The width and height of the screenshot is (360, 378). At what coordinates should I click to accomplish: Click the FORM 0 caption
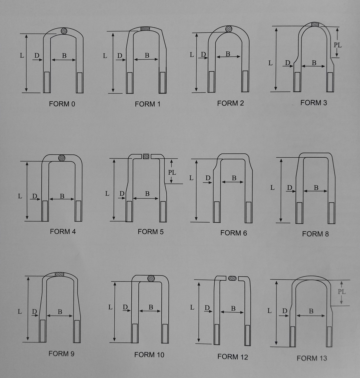62,104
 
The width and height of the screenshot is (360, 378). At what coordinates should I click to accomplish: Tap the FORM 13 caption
312,358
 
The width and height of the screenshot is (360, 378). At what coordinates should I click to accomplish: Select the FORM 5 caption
151,232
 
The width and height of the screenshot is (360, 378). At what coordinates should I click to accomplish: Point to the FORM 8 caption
315,234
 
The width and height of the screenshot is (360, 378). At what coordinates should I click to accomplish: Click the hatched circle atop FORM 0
64,31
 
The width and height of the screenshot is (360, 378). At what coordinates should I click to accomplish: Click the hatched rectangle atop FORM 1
145,29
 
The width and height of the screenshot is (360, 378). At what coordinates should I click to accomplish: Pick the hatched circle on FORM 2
229,29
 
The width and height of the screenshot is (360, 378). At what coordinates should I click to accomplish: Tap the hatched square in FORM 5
146,156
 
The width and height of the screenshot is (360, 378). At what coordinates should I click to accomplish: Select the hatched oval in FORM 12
232,278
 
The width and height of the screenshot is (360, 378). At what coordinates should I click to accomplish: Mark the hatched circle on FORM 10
151,278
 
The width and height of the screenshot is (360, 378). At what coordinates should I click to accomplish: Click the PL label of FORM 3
338,45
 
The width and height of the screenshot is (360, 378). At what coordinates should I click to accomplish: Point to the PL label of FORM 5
172,173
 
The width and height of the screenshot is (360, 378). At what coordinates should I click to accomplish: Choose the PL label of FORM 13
342,292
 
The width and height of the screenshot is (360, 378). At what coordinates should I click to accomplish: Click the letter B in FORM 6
234,178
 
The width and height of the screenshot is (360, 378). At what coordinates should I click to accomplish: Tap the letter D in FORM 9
34,311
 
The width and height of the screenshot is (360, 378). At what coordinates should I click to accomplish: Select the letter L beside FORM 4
20,196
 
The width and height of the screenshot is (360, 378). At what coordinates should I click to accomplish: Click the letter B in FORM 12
233,309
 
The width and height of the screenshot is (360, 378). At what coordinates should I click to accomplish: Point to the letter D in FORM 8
289,187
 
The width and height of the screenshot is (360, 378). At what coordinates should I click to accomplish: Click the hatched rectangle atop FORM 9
59,274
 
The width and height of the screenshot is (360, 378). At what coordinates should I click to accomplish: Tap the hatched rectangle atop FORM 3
315,24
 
